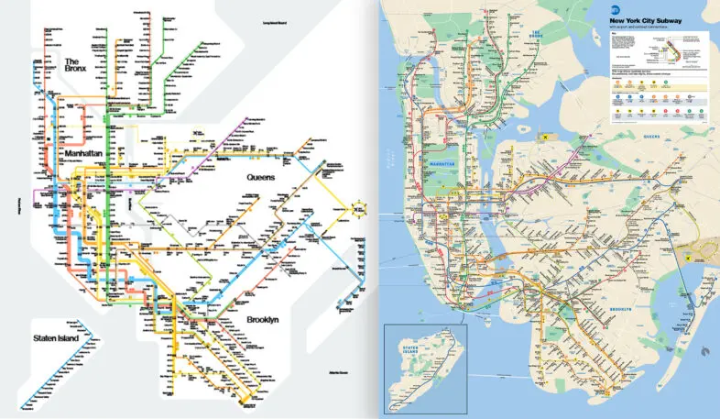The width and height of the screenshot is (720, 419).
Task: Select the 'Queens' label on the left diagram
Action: pyautogui.click(x=267, y=176)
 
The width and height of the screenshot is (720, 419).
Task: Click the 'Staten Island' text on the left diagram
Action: pyautogui.click(x=53, y=338)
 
